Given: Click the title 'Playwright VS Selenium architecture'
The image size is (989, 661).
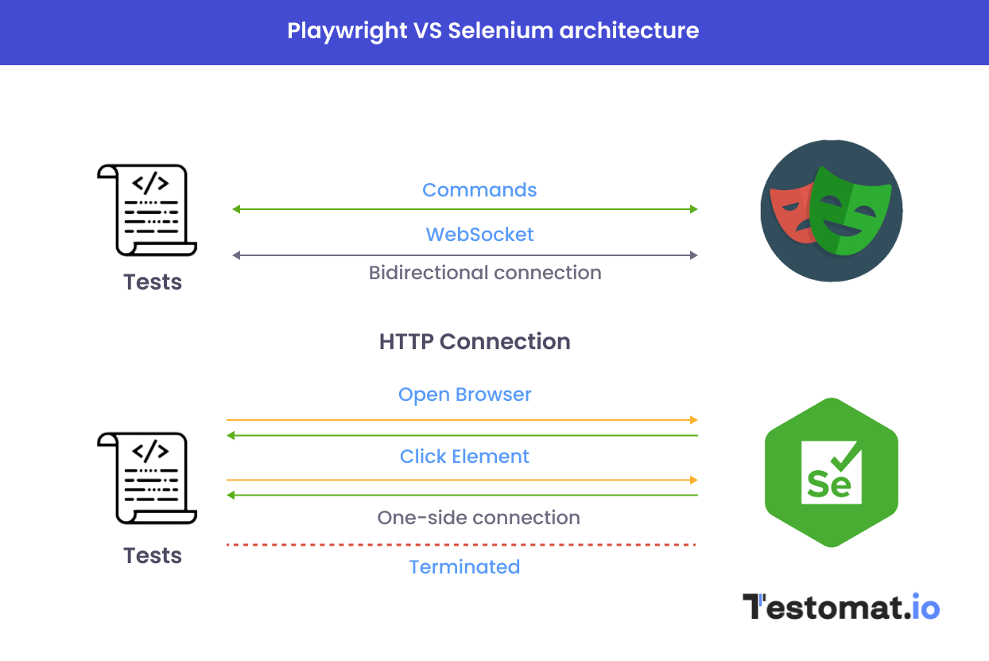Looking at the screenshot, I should coord(493,31).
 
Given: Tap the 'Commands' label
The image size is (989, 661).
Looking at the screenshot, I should coord(479,190).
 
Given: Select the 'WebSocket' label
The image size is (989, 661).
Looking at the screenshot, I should coord(479,235).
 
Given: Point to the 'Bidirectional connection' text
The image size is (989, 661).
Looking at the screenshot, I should coord(484,273).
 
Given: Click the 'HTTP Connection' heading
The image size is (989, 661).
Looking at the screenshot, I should coord(475,342).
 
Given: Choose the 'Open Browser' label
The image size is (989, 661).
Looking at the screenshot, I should coord(464,395).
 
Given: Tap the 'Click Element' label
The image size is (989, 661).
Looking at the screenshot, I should coord(464,457).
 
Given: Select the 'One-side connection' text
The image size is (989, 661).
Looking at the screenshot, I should coord(479,518).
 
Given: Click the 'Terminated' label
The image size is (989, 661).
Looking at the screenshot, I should coord(464,567).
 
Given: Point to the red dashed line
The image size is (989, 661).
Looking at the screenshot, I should coord(461,545).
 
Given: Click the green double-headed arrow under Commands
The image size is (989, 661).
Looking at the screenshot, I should coord(464,209).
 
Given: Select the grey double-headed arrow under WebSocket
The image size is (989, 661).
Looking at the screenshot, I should coord(464,255).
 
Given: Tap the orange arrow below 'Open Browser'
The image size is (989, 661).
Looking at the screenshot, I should coord(461,419).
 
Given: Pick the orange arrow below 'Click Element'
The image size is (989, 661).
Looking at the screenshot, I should coord(461,480).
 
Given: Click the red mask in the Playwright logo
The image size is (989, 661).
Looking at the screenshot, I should coord(787,211).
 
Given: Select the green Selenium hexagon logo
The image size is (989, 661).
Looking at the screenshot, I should coord(831,472).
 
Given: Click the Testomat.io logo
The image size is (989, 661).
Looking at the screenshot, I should coord(840,607).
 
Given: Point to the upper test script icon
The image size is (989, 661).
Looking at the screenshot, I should coord(146,210).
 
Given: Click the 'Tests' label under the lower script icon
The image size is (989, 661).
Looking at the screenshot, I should coord(153,555).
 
